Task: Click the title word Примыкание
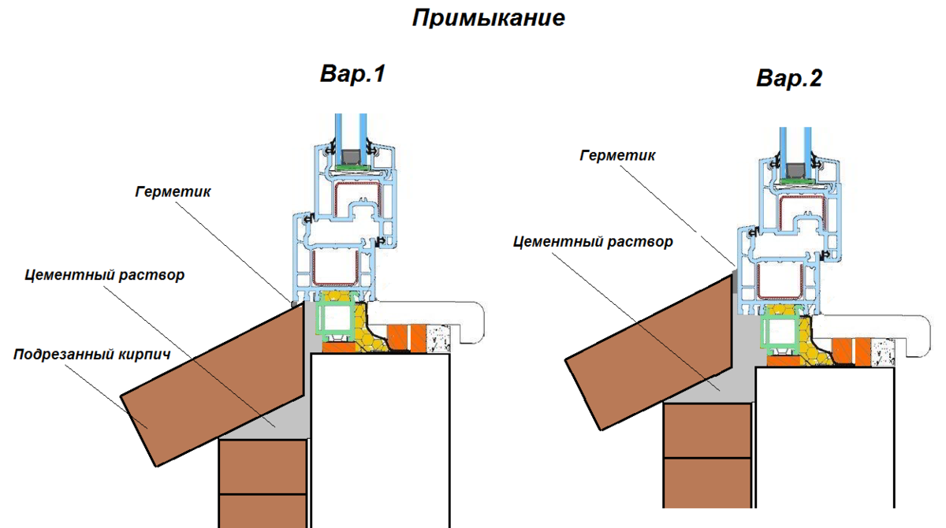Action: click(489, 18)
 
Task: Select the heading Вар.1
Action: click(352, 74)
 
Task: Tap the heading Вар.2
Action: click(789, 78)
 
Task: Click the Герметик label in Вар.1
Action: click(173, 191)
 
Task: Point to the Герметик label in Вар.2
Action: click(617, 155)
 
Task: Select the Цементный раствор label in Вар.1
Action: click(105, 275)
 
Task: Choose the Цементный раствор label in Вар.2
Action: click(593, 241)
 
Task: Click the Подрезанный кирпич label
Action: click(92, 355)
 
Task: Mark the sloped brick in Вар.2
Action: click(650, 347)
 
